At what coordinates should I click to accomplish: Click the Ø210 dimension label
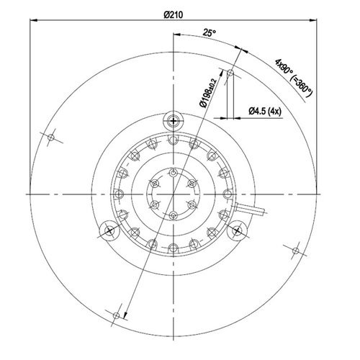[x=174, y=15]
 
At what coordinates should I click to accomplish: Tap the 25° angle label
[x=210, y=32]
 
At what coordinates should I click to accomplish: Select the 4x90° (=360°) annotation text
[x=294, y=78]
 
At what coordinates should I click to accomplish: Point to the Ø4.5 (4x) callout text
[x=265, y=111]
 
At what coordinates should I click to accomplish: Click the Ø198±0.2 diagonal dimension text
[x=208, y=93]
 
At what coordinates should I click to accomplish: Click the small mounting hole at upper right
[x=230, y=72]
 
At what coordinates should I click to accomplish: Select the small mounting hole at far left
[x=51, y=138]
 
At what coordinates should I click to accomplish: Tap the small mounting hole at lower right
[x=296, y=251]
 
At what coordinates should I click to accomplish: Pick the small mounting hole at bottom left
[x=116, y=315]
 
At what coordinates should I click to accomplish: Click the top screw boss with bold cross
[x=173, y=121]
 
